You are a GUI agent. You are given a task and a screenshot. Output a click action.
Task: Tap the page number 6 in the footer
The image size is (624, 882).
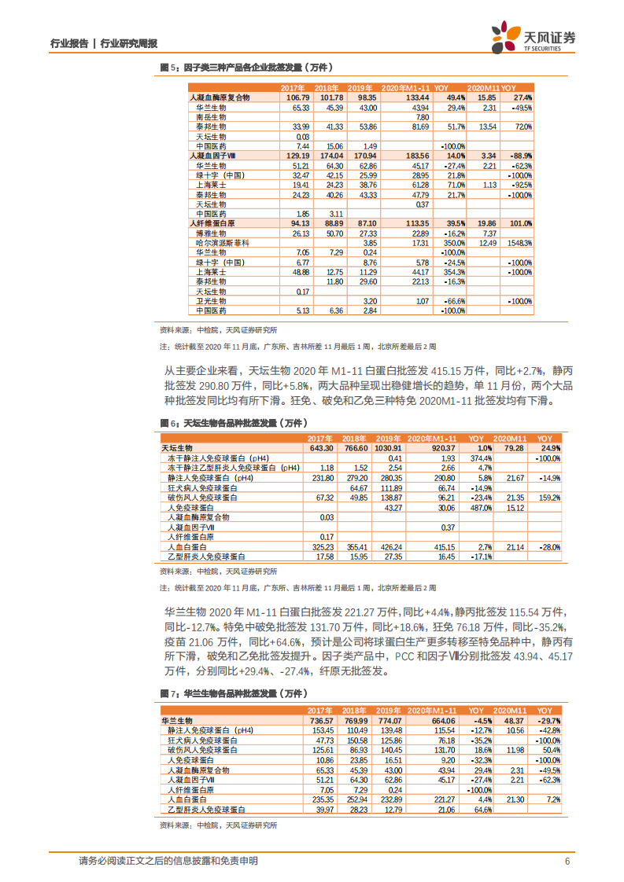click(567, 861)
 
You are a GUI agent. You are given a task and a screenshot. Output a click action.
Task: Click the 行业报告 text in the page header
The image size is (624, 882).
click(68, 44)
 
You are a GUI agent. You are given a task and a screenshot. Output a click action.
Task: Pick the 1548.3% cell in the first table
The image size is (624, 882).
click(520, 244)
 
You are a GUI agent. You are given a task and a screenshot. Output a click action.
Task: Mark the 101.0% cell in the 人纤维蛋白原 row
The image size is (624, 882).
click(521, 224)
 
